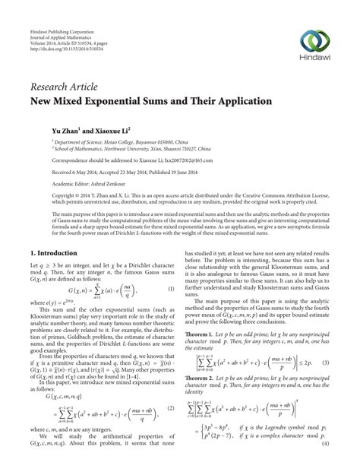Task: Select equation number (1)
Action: [x=171, y=290]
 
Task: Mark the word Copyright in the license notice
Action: [x=44, y=196]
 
